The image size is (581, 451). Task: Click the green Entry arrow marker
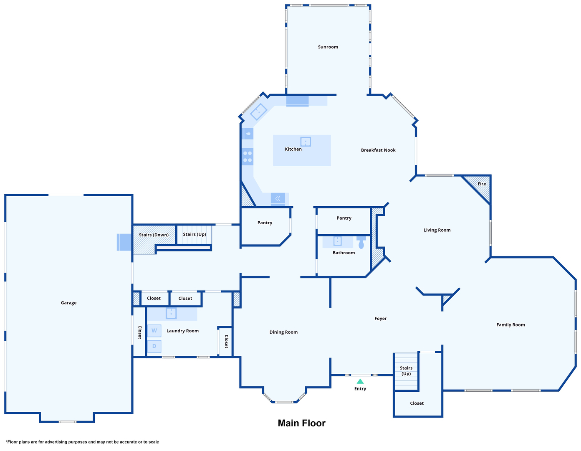(x=360, y=381)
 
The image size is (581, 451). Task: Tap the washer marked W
(x=154, y=331)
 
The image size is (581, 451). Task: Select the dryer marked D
(x=154, y=346)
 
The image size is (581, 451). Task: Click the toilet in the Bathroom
(x=361, y=243)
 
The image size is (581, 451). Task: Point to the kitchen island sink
(x=306, y=142)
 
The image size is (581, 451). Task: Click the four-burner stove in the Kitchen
(x=248, y=157)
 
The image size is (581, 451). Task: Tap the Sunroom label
(x=328, y=47)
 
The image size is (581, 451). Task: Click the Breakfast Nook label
(x=378, y=150)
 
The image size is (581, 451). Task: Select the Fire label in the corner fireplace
(x=482, y=184)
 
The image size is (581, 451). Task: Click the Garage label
(x=69, y=303)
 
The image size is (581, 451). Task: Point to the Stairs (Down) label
(x=154, y=235)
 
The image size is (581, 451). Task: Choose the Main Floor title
(x=302, y=423)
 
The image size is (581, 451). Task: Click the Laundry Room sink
(x=171, y=313)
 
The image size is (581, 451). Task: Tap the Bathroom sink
(x=337, y=241)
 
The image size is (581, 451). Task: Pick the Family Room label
(x=511, y=325)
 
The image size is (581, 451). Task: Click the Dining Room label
(x=283, y=332)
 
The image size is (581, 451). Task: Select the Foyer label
(x=381, y=319)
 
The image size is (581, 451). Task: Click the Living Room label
(x=437, y=230)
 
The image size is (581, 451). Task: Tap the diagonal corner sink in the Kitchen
(x=258, y=111)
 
